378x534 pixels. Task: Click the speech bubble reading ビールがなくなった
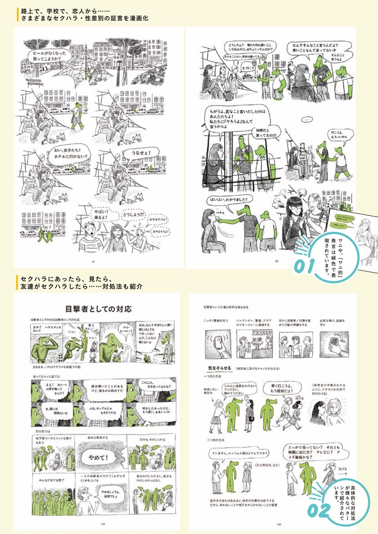pos(46,56)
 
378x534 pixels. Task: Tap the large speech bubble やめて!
pos(101,457)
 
